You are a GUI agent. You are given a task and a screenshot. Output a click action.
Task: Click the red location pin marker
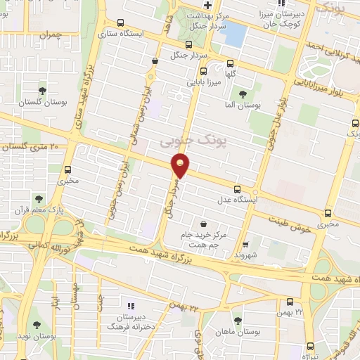(x=181, y=167)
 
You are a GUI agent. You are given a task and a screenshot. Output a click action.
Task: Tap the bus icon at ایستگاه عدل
(x=237, y=188)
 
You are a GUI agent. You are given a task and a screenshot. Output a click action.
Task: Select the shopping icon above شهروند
(x=245, y=244)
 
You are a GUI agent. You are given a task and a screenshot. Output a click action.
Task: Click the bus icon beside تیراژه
(x=310, y=345)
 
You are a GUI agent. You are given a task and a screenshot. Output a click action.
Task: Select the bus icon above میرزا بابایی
(x=204, y=71)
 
